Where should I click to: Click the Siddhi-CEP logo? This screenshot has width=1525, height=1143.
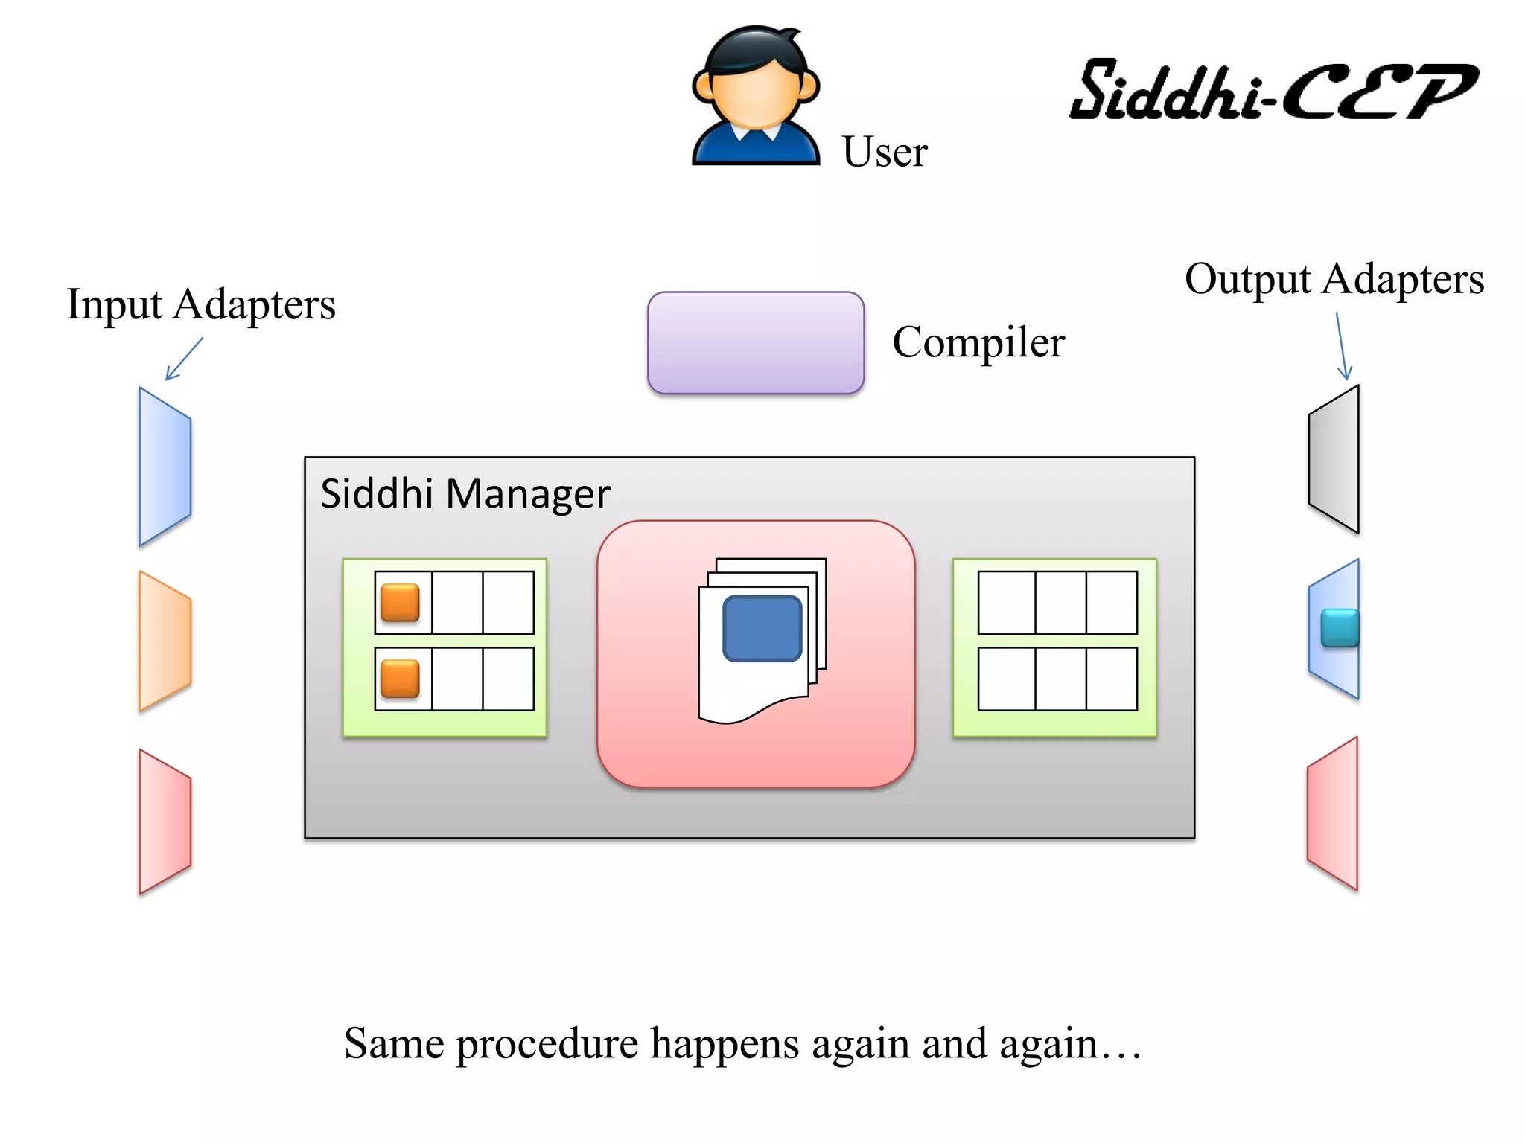(x=1273, y=91)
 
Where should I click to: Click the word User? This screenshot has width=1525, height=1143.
(x=885, y=152)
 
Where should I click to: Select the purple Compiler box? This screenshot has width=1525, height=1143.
(x=756, y=342)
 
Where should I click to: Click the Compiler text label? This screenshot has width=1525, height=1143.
(x=978, y=342)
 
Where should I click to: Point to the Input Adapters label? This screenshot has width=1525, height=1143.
(x=201, y=304)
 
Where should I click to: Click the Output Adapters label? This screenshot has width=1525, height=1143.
(x=1334, y=279)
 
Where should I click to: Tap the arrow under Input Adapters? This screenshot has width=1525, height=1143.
(x=183, y=359)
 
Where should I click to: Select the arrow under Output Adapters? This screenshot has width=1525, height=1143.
(x=1341, y=346)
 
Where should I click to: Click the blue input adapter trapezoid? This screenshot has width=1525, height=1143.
(x=165, y=467)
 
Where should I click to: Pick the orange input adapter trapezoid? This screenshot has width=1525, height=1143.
(x=165, y=641)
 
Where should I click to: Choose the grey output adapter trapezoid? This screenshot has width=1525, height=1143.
(x=1334, y=459)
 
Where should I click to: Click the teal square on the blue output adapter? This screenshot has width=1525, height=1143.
(x=1340, y=628)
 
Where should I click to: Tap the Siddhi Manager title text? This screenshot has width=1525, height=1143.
(x=465, y=493)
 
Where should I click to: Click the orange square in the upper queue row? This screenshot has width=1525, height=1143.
(x=400, y=602)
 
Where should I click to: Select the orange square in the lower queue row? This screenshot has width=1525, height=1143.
(x=400, y=679)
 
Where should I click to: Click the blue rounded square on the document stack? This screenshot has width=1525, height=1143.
(x=762, y=628)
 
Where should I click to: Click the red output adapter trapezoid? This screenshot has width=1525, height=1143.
(x=1333, y=813)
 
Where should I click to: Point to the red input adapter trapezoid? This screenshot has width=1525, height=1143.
(x=165, y=822)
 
